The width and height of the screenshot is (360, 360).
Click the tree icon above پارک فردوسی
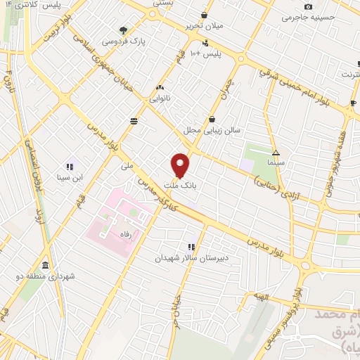click(x=124, y=30)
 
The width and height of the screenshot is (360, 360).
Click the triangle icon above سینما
click(x=276, y=152)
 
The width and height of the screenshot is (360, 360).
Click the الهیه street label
click(x=263, y=298)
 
